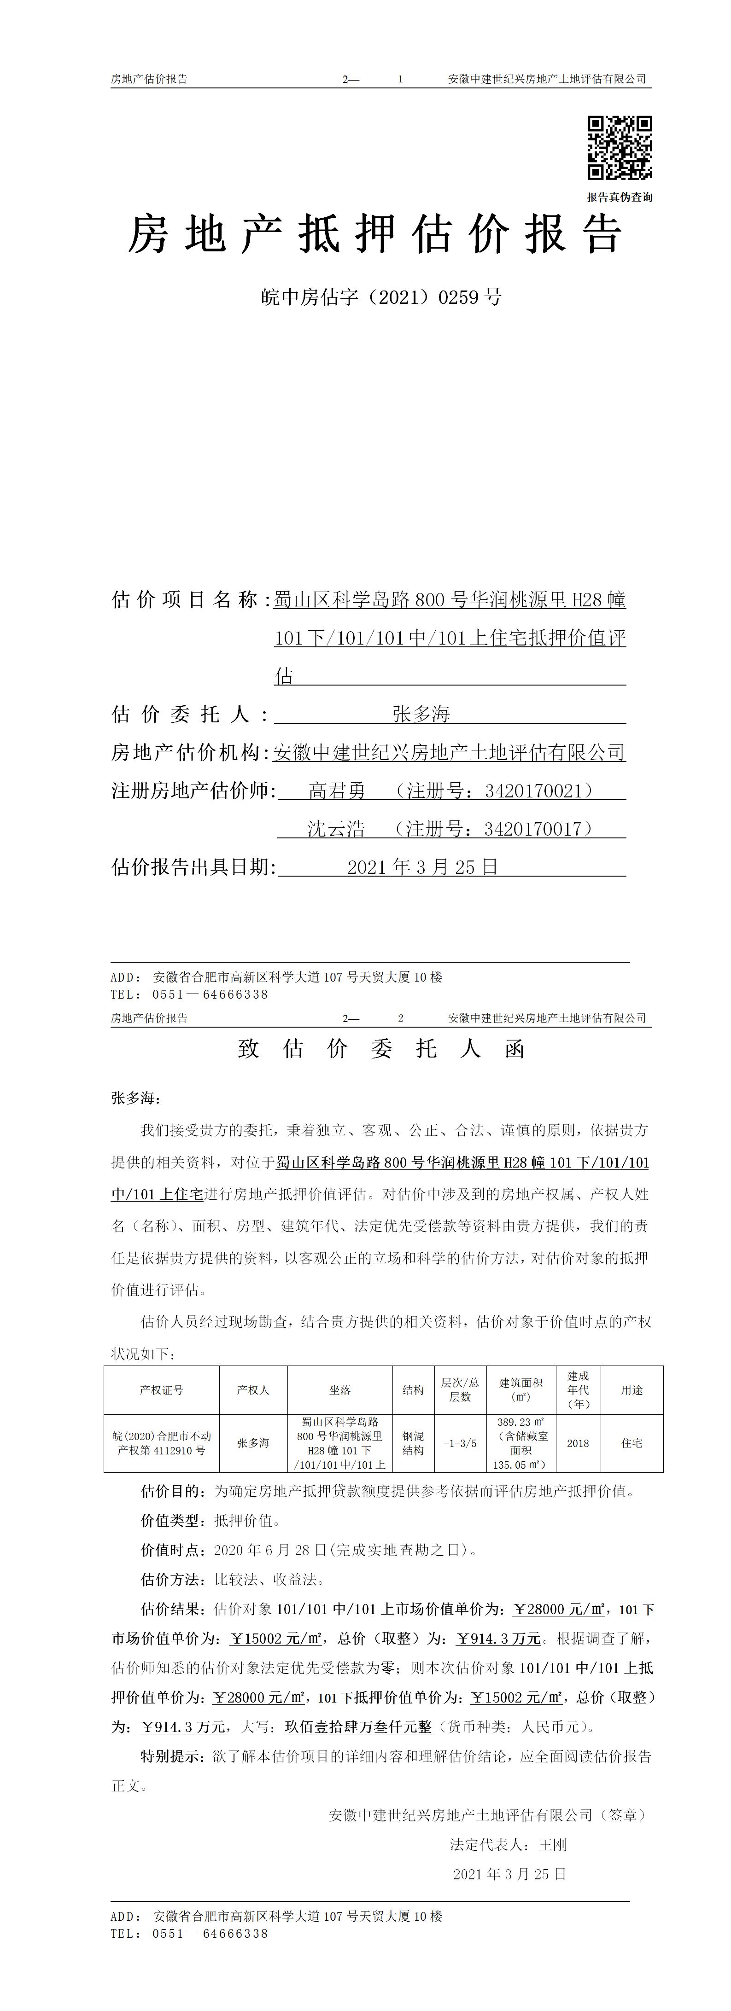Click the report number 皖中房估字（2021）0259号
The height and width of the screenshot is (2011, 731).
point(381,296)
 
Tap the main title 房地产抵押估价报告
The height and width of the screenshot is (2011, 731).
point(375,233)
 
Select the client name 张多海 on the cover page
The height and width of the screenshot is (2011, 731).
point(422,714)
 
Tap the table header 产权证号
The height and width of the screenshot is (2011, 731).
point(162,1389)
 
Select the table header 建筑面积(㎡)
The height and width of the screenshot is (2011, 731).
point(521,1389)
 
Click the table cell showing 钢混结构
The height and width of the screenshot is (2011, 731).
point(413,1443)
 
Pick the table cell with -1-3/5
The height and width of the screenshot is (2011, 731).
point(460,1443)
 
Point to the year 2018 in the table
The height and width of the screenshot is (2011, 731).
point(578,1443)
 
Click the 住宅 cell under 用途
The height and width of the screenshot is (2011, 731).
point(632,1443)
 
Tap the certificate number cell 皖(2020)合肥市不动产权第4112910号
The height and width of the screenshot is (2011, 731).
point(162,1443)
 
